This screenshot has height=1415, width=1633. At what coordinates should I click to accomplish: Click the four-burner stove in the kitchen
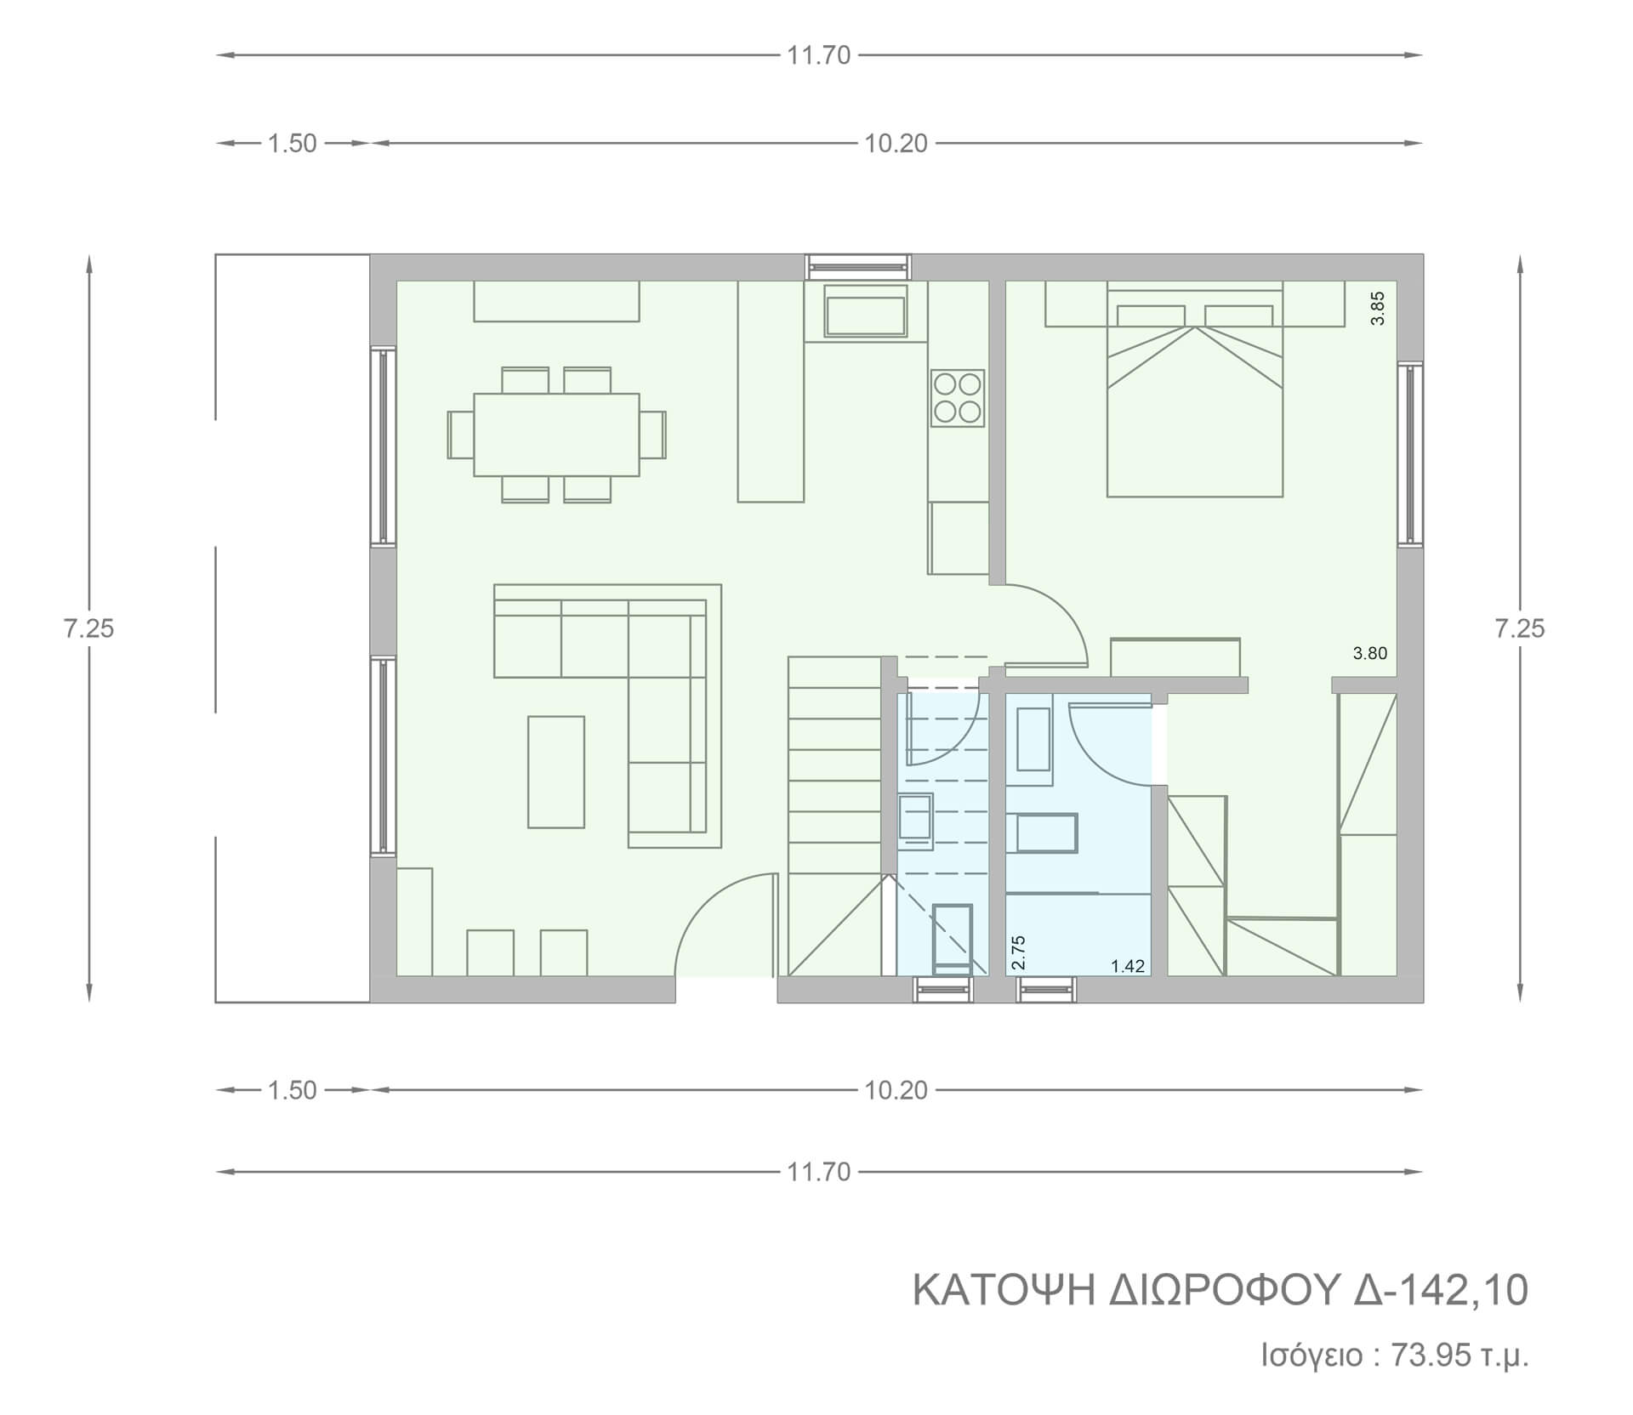point(958,398)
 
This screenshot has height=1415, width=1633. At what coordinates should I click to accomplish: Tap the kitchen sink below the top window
point(866,311)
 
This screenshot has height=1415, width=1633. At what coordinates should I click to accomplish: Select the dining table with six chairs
point(556,435)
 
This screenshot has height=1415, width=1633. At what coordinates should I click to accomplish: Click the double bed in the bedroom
point(1194,389)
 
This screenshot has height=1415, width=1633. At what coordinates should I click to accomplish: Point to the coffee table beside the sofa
point(556,772)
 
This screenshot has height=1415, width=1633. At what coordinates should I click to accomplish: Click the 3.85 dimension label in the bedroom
point(1379,308)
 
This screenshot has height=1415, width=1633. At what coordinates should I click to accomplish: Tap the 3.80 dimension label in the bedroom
point(1370,654)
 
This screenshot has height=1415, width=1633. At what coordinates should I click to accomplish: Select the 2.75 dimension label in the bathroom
point(1019,952)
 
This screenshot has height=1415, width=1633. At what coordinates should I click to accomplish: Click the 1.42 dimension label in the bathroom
point(1128,966)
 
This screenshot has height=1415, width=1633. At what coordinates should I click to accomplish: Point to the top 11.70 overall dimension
point(818,55)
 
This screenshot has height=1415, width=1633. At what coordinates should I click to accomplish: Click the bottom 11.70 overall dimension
point(818,1172)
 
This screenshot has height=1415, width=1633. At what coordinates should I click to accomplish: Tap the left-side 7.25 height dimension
point(88,628)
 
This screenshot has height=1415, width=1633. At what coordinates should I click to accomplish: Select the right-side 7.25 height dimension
point(1520,628)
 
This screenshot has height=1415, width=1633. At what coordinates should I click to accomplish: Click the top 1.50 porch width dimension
point(293,144)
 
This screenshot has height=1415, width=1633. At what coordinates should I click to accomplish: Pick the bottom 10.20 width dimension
point(896,1090)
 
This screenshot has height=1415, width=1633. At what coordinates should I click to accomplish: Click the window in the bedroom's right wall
point(1409,453)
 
